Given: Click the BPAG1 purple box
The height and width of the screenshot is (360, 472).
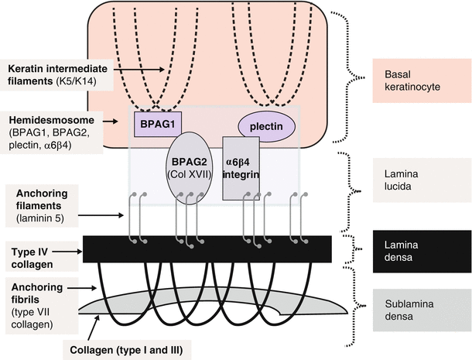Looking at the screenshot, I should pos(156,123).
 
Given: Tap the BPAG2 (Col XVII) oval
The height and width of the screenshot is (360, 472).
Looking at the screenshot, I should pos(190,171).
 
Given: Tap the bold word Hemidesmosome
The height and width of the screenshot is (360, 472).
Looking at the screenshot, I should pos(47,121).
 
